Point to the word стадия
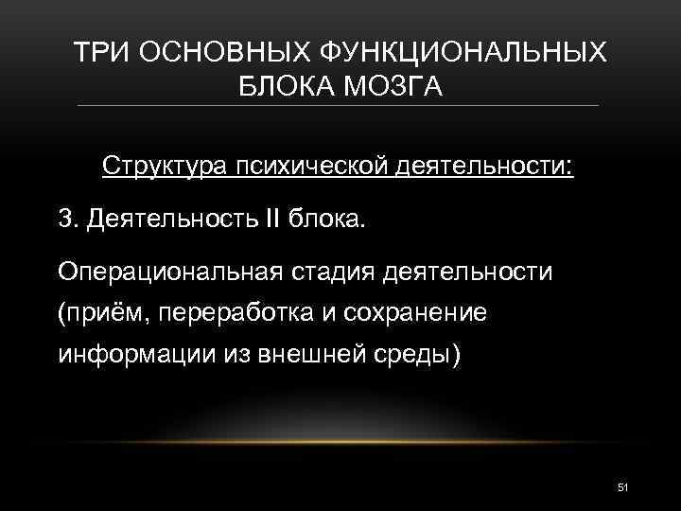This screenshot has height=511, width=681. click(332, 273)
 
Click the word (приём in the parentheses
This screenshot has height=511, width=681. click(97, 314)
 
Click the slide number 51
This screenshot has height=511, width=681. click(622, 486)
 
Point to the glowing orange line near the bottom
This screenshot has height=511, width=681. click(340, 442)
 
